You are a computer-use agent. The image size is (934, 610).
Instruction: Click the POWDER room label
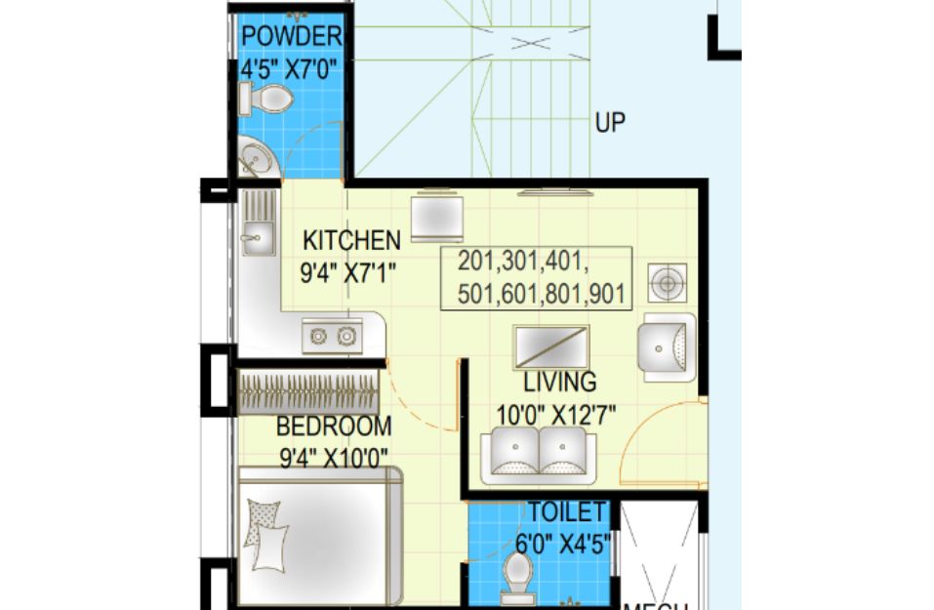(291, 37)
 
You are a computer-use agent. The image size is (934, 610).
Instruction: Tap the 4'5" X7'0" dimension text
(284, 70)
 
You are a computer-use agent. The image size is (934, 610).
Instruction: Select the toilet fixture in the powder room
(265, 99)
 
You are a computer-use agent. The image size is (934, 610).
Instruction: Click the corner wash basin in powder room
(255, 158)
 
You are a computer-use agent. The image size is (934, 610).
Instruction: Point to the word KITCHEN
(351, 241)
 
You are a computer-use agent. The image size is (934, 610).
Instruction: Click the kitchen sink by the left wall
(259, 223)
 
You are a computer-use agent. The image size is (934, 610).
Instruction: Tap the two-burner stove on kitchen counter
(333, 337)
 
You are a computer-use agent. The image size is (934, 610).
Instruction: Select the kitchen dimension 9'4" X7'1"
(347, 273)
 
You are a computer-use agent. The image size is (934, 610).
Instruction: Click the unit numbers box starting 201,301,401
(536, 278)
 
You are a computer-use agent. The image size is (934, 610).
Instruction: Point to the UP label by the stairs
(610, 123)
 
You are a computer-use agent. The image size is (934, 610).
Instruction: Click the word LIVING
(560, 382)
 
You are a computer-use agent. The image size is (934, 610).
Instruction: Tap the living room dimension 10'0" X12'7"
(555, 415)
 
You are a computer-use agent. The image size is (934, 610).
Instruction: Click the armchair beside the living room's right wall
(667, 347)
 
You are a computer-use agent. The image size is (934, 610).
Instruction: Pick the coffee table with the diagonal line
(551, 347)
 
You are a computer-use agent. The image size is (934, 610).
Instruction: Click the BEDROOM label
(334, 427)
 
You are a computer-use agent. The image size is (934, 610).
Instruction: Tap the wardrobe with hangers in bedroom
(308, 392)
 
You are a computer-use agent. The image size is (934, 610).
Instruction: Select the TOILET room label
(566, 512)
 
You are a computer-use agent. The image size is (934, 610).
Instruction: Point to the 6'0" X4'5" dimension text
(563, 544)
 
